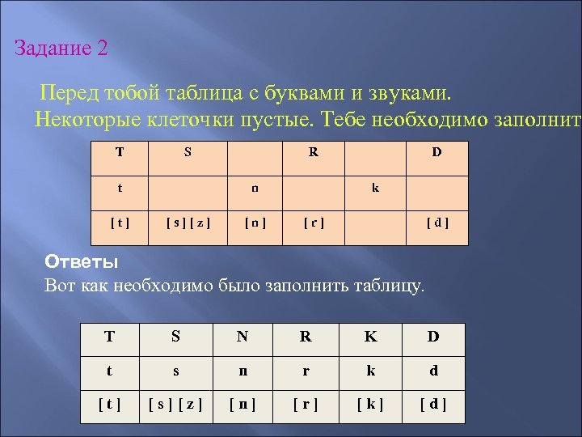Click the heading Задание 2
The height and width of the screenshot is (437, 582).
point(61,49)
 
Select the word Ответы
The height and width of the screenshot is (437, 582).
point(81,262)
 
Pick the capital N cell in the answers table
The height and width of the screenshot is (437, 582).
point(242,337)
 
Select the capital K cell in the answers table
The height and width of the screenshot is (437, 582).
point(370,337)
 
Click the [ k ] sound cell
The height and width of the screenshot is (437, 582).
point(370,402)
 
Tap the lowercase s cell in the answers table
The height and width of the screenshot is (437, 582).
point(176,371)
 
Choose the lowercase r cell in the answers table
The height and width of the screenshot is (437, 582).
point(306,371)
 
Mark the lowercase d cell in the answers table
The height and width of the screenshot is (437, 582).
point(434,371)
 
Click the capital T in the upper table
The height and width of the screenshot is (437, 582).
point(120,151)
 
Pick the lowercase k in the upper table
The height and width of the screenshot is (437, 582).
point(375,188)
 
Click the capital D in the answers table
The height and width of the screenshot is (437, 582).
point(434,337)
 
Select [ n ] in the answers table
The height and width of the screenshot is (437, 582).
point(242,402)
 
